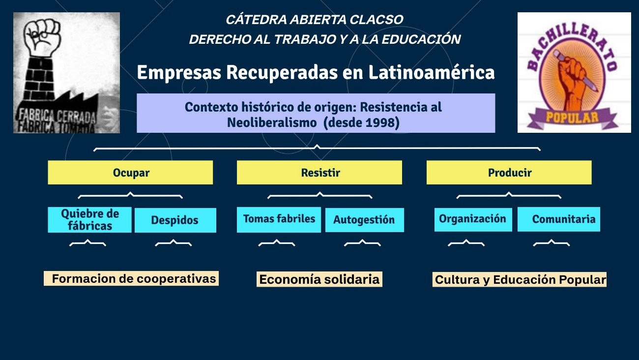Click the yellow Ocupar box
[x=130, y=173]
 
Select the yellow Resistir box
[x=319, y=173]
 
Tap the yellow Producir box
[x=509, y=173]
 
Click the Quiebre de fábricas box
[x=89, y=220]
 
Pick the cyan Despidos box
[x=175, y=220]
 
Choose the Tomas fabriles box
[x=279, y=220]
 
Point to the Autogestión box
[x=365, y=220]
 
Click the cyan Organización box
[x=473, y=219]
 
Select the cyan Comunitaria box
[x=559, y=219]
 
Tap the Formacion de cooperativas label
[x=131, y=279]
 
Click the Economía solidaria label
[x=319, y=279]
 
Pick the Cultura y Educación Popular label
[x=520, y=280]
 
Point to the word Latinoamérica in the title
[x=432, y=72]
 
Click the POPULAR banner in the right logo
[x=572, y=118]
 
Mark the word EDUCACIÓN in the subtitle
[x=421, y=39]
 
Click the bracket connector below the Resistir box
[x=319, y=195]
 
